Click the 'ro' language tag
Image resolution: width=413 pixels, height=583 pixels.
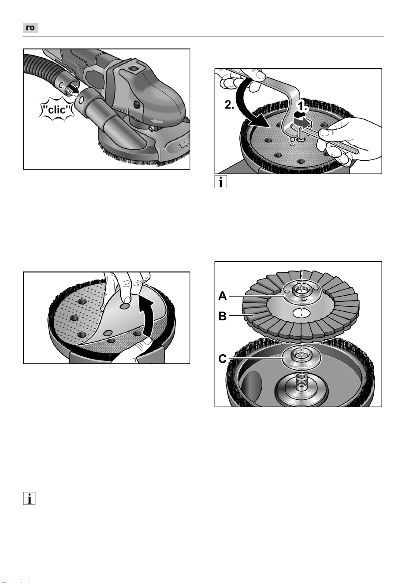click(30, 28)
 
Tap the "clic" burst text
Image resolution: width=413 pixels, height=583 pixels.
click(58, 110)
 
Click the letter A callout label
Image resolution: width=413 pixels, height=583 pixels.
click(223, 296)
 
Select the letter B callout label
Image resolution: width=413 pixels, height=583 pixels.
click(223, 316)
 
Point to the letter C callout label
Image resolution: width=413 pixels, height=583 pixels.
click(223, 359)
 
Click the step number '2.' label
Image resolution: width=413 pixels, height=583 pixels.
click(229, 104)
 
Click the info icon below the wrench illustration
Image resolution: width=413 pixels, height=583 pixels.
click(220, 182)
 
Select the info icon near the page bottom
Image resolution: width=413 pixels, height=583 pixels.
click(29, 498)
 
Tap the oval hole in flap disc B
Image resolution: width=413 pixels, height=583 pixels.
click(301, 313)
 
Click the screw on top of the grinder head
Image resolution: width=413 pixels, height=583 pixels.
click(134, 68)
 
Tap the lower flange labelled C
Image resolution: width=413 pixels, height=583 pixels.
click(301, 358)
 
